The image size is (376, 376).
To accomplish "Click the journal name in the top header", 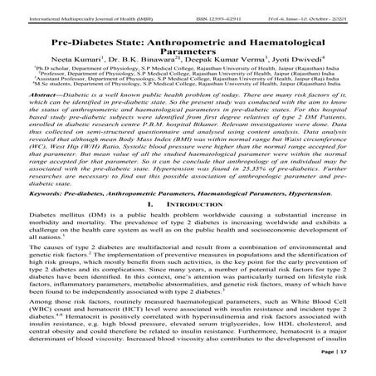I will [80, 9].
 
